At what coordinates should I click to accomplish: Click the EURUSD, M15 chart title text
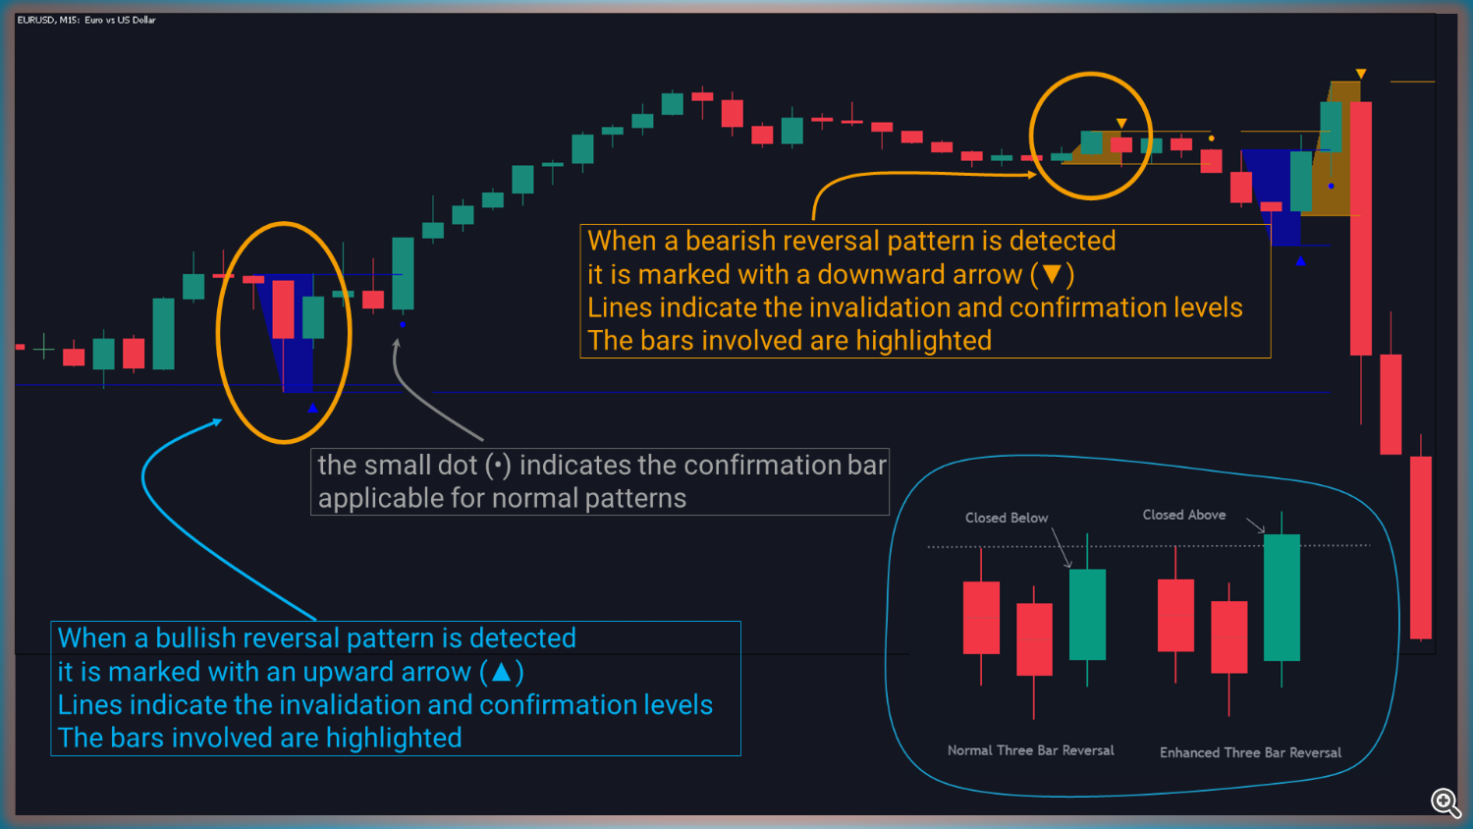86,21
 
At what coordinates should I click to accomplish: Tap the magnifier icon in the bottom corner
1446,802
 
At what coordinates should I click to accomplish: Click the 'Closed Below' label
1007,518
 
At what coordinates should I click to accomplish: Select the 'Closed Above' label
1183,515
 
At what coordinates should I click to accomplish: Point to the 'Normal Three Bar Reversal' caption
1030,750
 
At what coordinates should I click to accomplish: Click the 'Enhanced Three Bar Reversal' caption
1250,752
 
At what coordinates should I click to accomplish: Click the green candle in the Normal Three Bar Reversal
1088,614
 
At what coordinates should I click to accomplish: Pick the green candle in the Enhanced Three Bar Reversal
1282,597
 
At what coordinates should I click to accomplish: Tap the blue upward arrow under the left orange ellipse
312,408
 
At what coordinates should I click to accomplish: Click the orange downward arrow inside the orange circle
1121,123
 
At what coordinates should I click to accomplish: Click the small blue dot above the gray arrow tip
403,324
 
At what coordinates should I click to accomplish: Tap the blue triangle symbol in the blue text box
501,672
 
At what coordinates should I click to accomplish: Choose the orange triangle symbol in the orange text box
1053,274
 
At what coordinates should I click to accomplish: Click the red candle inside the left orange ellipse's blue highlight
284,309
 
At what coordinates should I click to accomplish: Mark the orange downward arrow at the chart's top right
1360,74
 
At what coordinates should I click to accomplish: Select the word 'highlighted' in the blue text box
394,739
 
